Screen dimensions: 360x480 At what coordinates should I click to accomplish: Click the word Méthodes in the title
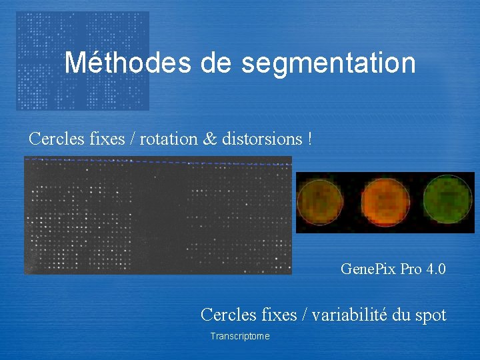click(127, 63)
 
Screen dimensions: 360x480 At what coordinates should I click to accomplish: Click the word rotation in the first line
click(173, 139)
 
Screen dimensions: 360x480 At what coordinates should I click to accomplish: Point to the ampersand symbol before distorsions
click(210, 139)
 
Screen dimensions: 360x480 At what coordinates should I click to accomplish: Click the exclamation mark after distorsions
click(309, 139)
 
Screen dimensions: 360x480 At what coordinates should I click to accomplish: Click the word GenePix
click(367, 269)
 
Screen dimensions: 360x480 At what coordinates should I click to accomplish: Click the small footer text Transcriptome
click(240, 337)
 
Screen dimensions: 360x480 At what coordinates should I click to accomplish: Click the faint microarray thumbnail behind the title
click(40, 93)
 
